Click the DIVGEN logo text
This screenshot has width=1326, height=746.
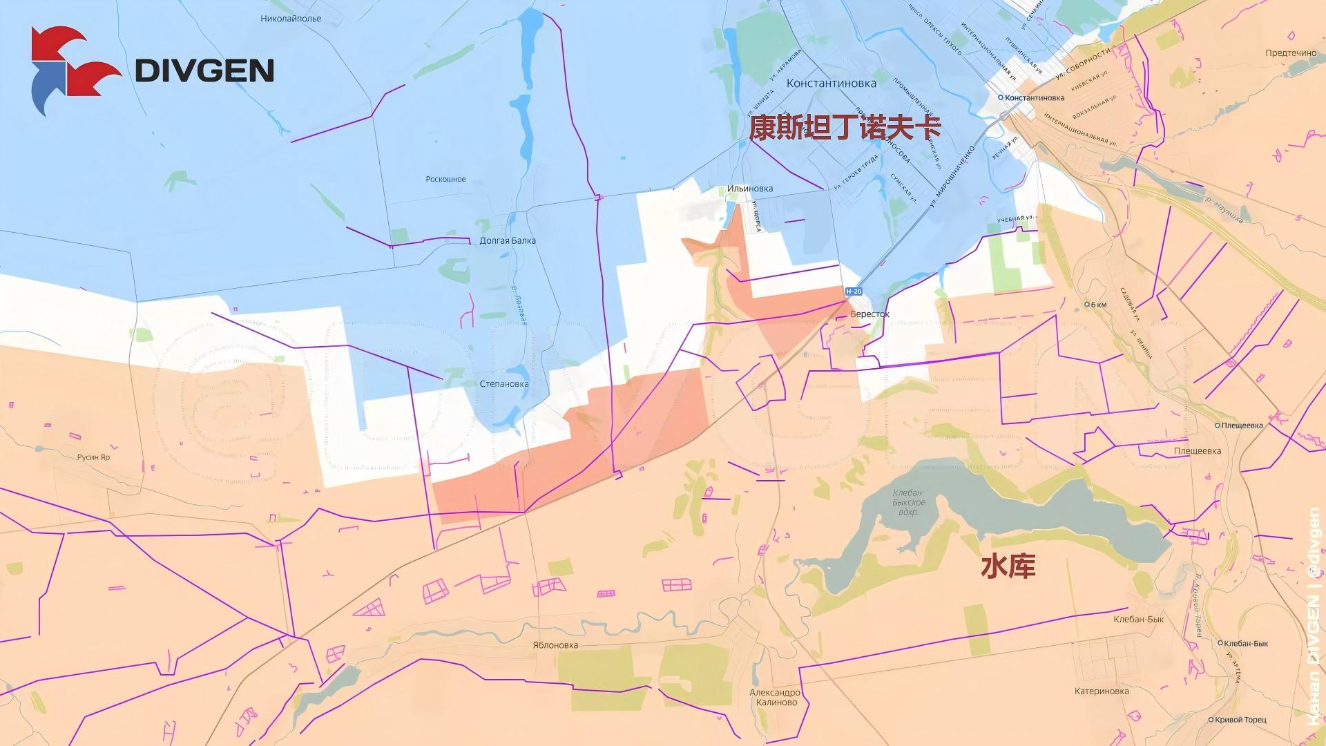point(204,70)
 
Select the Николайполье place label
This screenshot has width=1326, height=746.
point(291,19)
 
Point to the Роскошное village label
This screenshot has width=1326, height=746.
point(445,179)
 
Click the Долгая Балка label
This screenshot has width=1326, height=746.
point(508,241)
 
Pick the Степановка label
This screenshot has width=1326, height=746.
point(504,384)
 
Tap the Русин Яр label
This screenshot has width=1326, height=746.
point(93,457)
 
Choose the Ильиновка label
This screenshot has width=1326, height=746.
point(749,189)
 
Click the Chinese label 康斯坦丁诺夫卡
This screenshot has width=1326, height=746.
point(845,128)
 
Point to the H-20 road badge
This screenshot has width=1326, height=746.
point(854,291)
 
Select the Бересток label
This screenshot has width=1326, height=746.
point(869,314)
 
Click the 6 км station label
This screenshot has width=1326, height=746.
point(1098,305)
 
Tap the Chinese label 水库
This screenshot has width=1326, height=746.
point(1008,567)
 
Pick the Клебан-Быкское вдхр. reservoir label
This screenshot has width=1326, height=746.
point(909,502)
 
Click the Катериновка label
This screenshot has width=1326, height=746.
point(1102,691)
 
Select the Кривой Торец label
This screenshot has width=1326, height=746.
point(1240,720)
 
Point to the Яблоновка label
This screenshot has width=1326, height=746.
point(555,645)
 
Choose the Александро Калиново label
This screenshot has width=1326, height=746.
point(775,698)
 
